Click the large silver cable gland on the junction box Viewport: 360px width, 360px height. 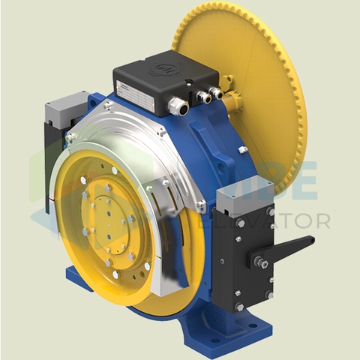click(178, 106)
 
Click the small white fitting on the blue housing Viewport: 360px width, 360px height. click(243, 150)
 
